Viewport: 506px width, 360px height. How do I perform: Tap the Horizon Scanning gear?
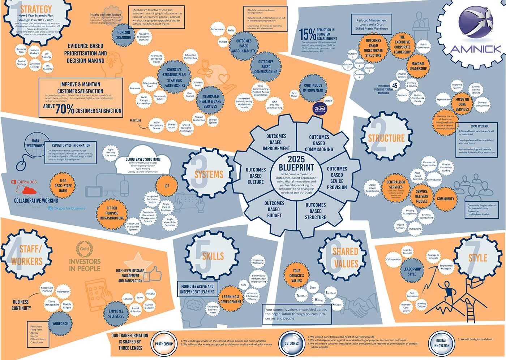pyautogui.click(x=124, y=35)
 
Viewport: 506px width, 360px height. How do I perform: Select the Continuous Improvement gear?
pyautogui.click(x=313, y=88)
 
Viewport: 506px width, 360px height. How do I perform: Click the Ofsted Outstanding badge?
pyautogui.click(x=320, y=108)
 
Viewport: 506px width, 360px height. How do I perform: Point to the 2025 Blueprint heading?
pyautogui.click(x=296, y=163)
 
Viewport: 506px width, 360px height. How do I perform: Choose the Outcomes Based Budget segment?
pyautogui.click(x=274, y=209)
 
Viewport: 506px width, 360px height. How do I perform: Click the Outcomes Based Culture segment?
pyautogui.click(x=256, y=176)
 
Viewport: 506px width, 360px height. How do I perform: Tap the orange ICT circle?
pyautogui.click(x=167, y=186)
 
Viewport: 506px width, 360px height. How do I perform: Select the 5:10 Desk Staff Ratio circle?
pyautogui.click(x=63, y=186)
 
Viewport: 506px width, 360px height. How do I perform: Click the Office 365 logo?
pyautogui.click(x=24, y=182)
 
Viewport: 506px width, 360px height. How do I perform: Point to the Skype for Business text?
pyautogui.click(x=69, y=208)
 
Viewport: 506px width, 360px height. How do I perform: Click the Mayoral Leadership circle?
pyautogui.click(x=418, y=66)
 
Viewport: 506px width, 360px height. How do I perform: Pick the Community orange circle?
pyautogui.click(x=445, y=199)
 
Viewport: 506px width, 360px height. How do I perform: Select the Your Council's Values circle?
pyautogui.click(x=296, y=276)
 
